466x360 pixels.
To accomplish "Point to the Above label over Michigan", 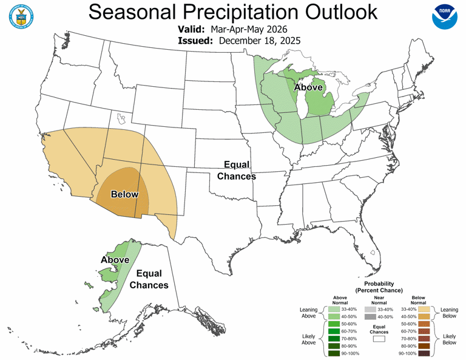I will (308, 87).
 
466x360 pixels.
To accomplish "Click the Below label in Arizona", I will (124, 194).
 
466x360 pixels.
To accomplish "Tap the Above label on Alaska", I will (115, 260).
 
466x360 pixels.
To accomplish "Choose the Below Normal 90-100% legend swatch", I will (424, 353).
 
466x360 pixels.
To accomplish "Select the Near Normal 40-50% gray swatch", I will (370, 316).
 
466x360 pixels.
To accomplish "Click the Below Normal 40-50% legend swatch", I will (424, 316).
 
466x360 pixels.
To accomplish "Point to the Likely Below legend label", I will (449, 339).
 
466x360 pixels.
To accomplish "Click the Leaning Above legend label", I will (309, 313).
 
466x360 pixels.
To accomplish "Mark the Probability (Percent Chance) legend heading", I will (379, 287).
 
